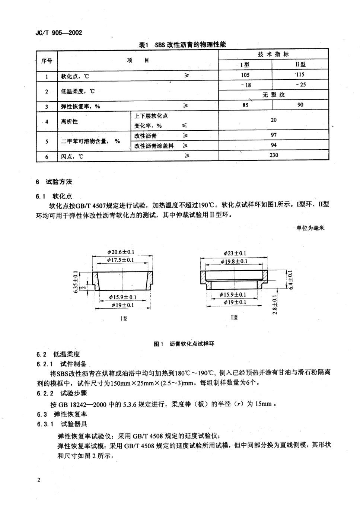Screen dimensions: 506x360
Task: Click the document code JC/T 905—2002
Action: [59, 32]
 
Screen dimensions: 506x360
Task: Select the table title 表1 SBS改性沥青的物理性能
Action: [182, 45]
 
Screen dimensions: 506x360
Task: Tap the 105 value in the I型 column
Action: [245, 75]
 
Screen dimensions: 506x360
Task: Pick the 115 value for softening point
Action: [300, 74]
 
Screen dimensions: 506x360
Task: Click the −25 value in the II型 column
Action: [300, 85]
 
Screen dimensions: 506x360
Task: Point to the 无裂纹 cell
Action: [273, 95]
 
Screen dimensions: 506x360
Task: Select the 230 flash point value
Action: [273, 155]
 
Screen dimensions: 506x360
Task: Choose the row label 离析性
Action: [70, 121]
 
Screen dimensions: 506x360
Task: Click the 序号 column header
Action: [47, 61]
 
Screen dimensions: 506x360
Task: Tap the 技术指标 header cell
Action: [273, 54]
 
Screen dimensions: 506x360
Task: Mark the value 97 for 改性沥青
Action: [273, 135]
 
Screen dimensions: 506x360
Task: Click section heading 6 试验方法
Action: [54, 182]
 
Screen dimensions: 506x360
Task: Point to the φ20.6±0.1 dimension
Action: [121, 252]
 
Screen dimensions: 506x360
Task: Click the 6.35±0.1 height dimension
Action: [76, 281]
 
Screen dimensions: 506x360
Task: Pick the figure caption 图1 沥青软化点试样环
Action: [184, 344]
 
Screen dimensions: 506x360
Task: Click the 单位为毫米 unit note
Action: [310, 228]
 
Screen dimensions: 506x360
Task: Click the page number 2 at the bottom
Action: [38, 480]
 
